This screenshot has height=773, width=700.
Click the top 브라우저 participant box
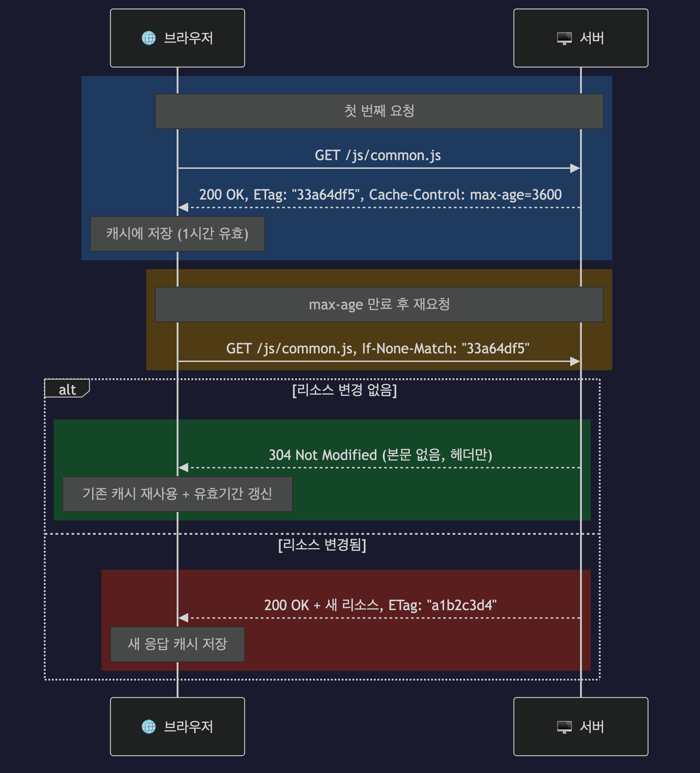[177, 38]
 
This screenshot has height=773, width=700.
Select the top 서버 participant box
[581, 38]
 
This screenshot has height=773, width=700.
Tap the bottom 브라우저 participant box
[177, 726]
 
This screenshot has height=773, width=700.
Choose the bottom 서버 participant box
[581, 726]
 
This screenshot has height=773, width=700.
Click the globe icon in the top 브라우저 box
[149, 38]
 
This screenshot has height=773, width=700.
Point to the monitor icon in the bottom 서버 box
[564, 727]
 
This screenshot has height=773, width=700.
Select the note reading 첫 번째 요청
[379, 111]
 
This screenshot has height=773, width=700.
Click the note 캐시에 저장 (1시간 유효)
[177, 234]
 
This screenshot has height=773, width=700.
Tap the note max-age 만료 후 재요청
[379, 304]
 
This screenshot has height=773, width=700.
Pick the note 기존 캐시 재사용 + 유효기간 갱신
[177, 494]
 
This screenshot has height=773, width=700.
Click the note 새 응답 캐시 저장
[177, 644]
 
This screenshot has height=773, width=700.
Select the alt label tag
[67, 389]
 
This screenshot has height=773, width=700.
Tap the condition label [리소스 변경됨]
[322, 545]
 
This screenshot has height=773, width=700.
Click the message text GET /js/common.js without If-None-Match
[378, 155]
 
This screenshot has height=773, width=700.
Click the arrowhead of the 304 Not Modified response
[183, 467]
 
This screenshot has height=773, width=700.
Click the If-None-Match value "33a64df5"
[495, 349]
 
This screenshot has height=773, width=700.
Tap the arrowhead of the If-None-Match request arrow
[575, 361]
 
